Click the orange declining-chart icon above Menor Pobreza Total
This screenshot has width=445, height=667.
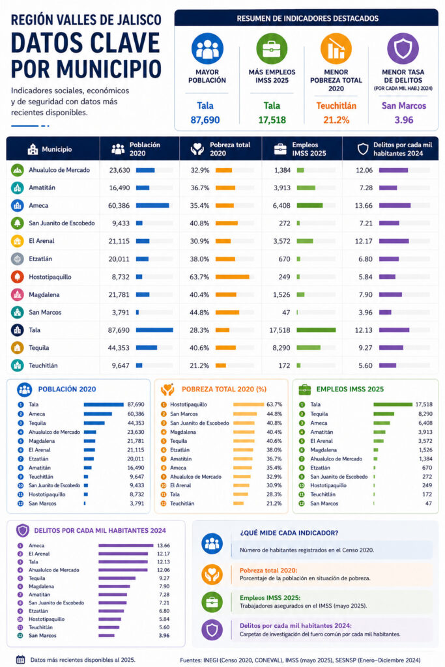click(x=336, y=49)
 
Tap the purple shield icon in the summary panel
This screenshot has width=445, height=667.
click(x=403, y=49)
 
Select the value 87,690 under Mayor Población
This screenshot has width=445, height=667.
click(x=205, y=120)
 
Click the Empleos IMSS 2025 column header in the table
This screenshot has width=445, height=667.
click(x=309, y=149)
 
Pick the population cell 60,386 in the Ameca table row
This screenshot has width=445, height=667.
click(x=119, y=205)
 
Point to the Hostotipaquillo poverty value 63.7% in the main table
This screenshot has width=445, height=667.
click(x=199, y=277)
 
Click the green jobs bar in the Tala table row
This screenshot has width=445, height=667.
click(x=316, y=330)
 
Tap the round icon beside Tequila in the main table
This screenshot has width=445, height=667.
click(x=18, y=348)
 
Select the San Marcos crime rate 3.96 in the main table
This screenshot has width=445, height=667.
click(x=366, y=312)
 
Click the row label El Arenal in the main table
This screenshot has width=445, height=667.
click(x=42, y=241)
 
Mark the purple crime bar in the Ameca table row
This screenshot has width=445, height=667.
click(x=395, y=205)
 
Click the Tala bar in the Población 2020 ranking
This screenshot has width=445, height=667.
click(x=104, y=404)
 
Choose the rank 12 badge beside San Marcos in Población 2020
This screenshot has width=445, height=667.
click(x=20, y=504)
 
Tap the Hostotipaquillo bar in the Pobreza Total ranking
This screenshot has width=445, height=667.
click(x=248, y=404)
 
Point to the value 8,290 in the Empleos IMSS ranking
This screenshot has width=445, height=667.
click(x=425, y=414)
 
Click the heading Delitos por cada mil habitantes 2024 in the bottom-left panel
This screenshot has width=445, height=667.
click(x=100, y=530)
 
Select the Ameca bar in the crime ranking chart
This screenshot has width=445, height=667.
click(x=126, y=545)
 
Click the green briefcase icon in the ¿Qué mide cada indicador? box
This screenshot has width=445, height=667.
click(x=212, y=602)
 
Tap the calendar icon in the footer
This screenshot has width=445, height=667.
click(x=20, y=660)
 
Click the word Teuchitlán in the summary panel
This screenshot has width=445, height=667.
click(x=336, y=106)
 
